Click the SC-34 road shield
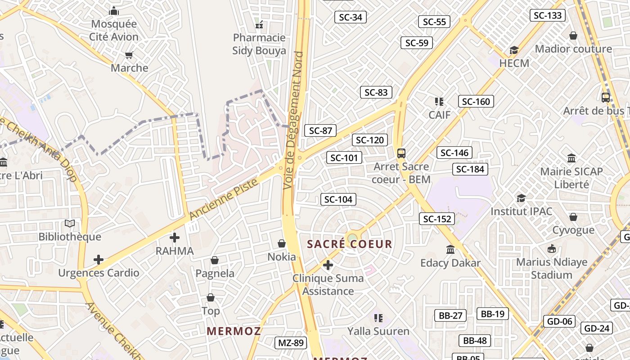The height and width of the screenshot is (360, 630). [350, 18]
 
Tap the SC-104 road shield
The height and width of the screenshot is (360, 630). [338, 199]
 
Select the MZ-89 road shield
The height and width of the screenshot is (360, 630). [291, 343]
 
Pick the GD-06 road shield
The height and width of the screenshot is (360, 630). [559, 321]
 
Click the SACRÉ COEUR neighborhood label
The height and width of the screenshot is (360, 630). [349, 244]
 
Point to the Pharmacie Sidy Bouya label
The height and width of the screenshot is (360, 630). [259, 44]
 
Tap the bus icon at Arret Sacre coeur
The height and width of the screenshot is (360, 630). [401, 153]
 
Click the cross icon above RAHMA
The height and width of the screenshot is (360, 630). [175, 237]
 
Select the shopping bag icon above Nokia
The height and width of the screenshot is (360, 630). [282, 243]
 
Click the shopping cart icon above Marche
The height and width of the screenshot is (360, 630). [129, 55]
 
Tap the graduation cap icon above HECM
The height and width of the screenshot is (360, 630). [514, 50]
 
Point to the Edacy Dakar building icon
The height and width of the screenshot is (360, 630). [450, 249]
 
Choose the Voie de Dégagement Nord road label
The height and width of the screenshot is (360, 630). [293, 120]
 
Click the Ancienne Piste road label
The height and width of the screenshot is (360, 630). [224, 199]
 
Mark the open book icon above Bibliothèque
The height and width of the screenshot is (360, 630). [70, 224]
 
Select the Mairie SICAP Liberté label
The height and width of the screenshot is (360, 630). [571, 178]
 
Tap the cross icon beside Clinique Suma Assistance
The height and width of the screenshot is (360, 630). [328, 265]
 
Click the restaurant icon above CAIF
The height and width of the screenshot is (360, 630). [439, 101]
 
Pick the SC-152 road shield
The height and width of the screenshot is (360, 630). [437, 219]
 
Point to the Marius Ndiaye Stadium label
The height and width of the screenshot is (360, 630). [552, 268]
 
